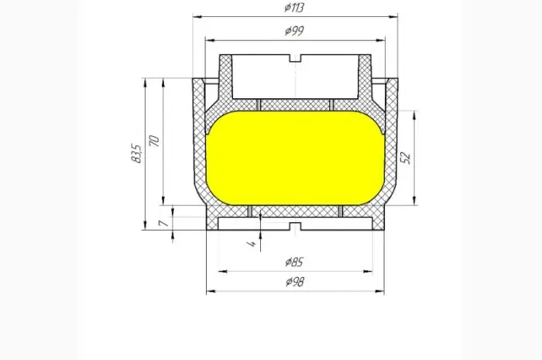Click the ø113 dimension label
(x=294, y=8)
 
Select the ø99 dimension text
(x=294, y=31)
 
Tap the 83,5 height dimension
(x=136, y=153)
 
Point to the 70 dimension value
(x=154, y=141)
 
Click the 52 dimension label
(x=406, y=157)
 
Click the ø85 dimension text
(x=294, y=262)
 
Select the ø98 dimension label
(x=295, y=282)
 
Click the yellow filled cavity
(x=295, y=158)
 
